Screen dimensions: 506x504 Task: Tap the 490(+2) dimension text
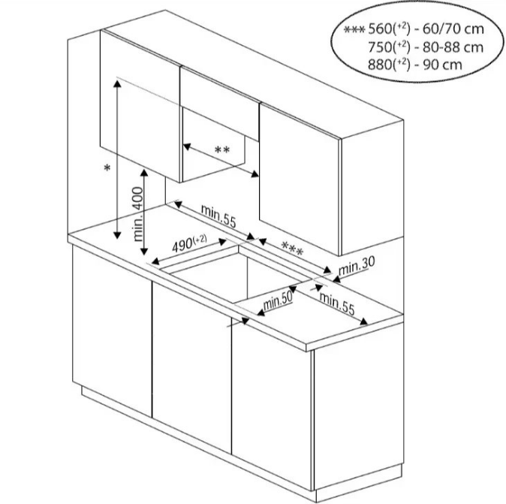[188, 243]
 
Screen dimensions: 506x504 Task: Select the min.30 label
[356, 264]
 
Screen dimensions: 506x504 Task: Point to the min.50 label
[276, 300]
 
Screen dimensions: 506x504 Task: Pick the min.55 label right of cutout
[336, 301]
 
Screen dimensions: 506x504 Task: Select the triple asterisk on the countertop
[291, 247]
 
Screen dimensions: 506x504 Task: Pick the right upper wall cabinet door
[299, 177]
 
